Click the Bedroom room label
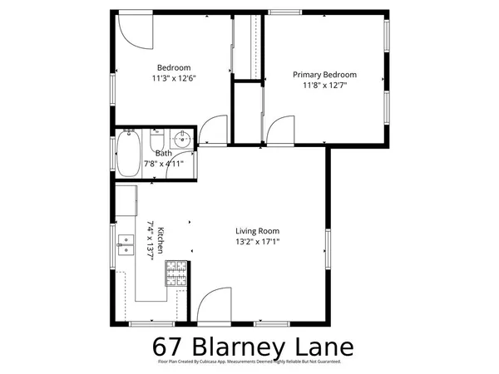click(175, 68)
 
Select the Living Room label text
click(257, 231)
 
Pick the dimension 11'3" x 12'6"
click(175, 80)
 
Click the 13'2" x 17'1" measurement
click(257, 243)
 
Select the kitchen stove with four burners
click(176, 274)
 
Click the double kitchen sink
click(127, 244)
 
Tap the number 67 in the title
click(170, 346)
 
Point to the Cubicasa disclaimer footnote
click(249, 362)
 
